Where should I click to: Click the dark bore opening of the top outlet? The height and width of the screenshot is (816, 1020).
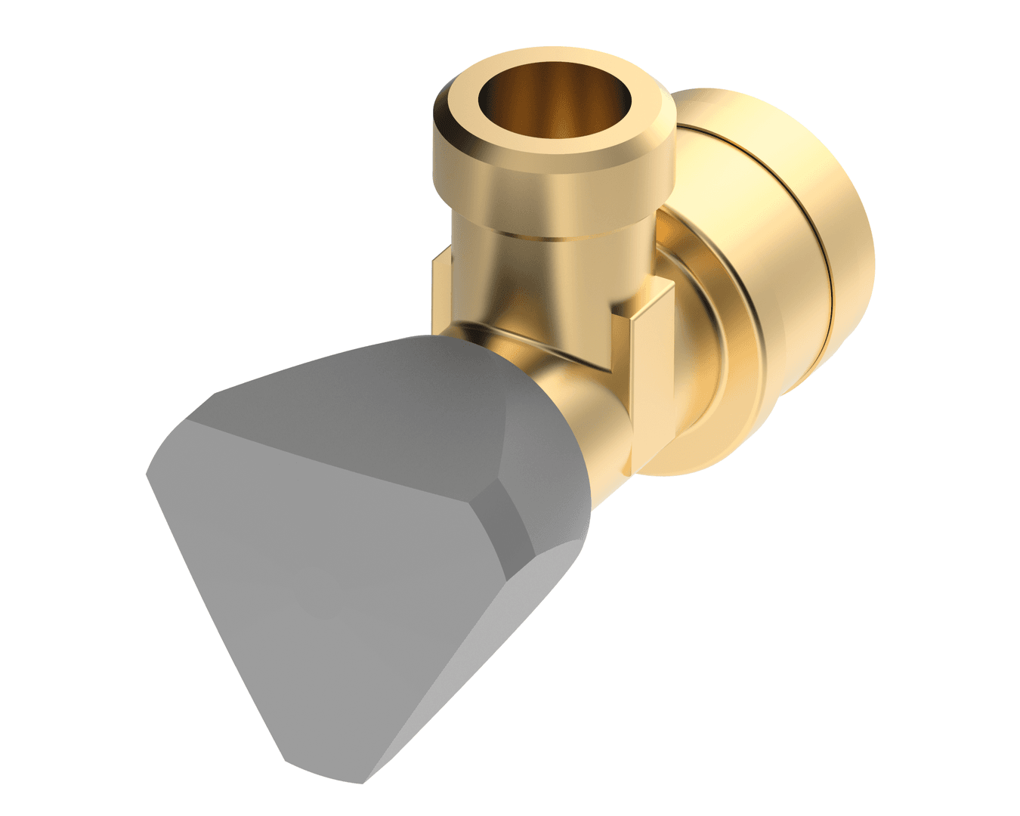coord(555,106)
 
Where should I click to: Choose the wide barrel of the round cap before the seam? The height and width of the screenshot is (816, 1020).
coord(756,227)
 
